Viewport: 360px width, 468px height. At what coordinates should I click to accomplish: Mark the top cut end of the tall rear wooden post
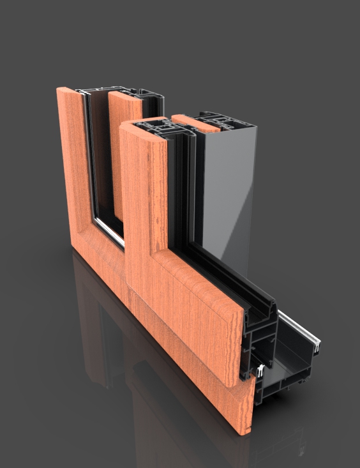coord(70,91)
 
